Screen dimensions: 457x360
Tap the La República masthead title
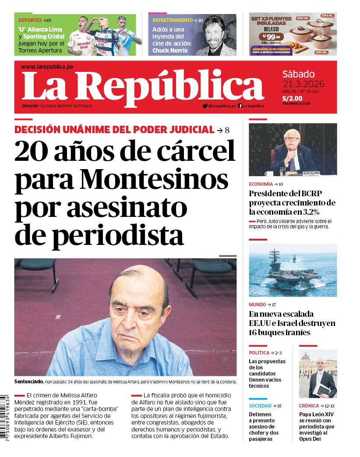click(142, 85)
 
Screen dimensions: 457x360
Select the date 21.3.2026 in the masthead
click(304, 84)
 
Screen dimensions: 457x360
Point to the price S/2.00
click(292, 98)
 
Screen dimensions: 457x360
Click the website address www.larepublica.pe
click(47, 67)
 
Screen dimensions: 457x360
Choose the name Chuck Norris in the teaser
click(170, 50)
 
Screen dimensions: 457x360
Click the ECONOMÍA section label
click(261, 184)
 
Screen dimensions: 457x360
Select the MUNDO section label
click(258, 305)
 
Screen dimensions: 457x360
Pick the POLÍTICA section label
click(259, 353)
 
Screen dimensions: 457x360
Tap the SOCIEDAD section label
click(261, 406)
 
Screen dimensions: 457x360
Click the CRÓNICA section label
click(309, 406)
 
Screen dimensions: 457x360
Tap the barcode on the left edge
click(4, 418)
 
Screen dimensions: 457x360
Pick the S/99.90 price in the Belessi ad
click(268, 37)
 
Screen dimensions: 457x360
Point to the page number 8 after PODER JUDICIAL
click(227, 130)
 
